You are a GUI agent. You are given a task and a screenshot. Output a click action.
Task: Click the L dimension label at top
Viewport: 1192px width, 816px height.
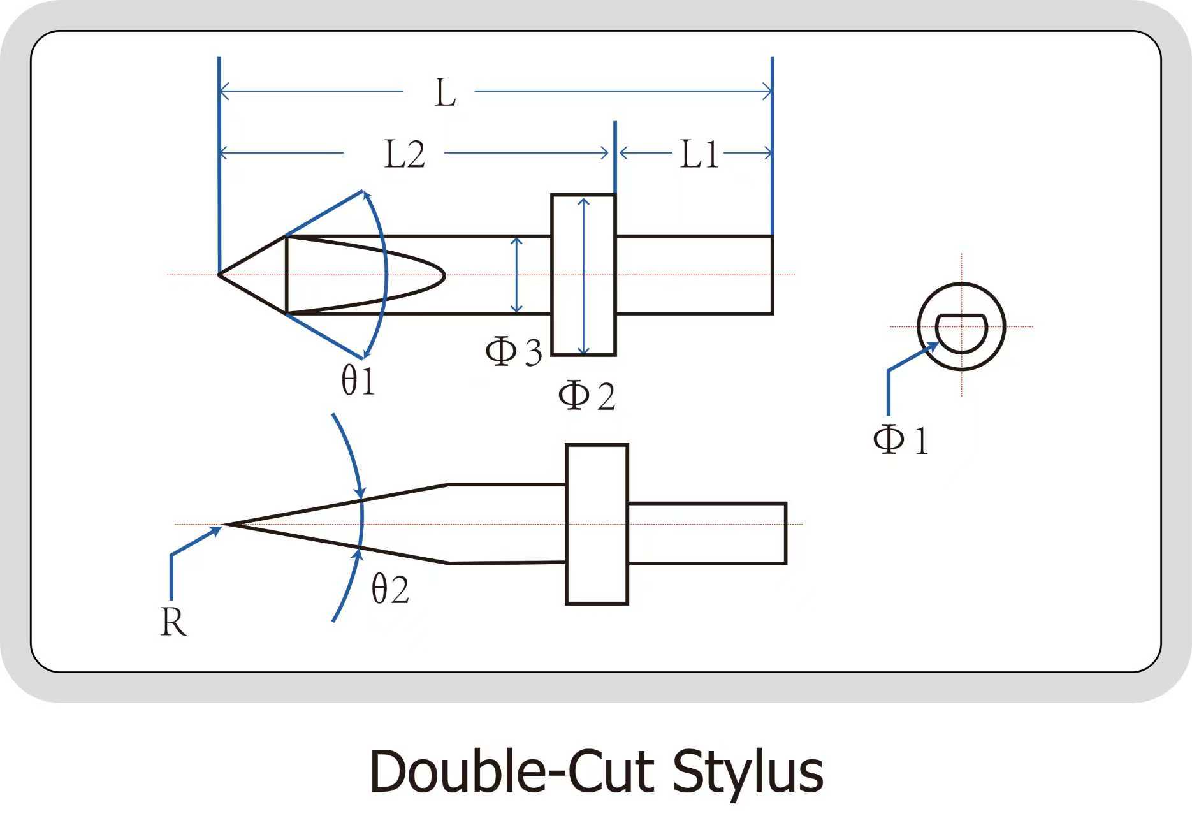[x=445, y=93]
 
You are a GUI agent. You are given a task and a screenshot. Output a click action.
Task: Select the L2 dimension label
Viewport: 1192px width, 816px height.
[x=404, y=155]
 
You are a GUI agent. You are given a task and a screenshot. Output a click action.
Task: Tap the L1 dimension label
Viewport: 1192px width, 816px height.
[x=699, y=155]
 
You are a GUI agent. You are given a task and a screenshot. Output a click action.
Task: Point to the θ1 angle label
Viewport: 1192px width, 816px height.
[x=358, y=381]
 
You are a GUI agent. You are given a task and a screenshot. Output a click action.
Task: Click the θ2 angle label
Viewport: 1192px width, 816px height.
[x=390, y=588]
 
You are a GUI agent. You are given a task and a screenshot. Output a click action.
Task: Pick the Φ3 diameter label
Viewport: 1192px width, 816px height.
[x=513, y=351]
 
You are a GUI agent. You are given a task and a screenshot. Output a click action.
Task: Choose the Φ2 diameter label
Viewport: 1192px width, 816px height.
[x=586, y=396]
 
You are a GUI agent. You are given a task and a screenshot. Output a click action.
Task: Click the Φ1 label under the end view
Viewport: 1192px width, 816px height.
[x=900, y=440]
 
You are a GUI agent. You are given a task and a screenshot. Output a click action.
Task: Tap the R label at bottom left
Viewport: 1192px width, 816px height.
[x=173, y=622]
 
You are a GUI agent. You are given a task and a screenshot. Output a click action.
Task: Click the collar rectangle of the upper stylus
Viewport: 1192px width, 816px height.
[x=583, y=275]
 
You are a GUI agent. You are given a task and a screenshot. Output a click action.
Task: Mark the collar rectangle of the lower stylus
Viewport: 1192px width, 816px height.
[x=597, y=524]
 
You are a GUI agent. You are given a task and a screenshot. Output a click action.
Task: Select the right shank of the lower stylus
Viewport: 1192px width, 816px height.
[x=707, y=534]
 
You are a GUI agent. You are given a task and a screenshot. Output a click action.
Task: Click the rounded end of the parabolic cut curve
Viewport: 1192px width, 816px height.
[x=442, y=275]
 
